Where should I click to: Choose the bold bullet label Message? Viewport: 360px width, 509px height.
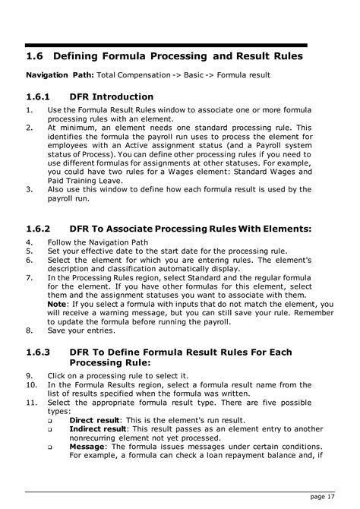[87, 447]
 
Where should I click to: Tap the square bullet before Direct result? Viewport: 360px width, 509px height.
[50, 420]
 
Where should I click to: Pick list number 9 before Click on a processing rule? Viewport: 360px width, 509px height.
[30, 375]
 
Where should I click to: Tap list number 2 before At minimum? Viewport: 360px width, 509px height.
[30, 128]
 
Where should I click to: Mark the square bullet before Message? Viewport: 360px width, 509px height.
[50, 448]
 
